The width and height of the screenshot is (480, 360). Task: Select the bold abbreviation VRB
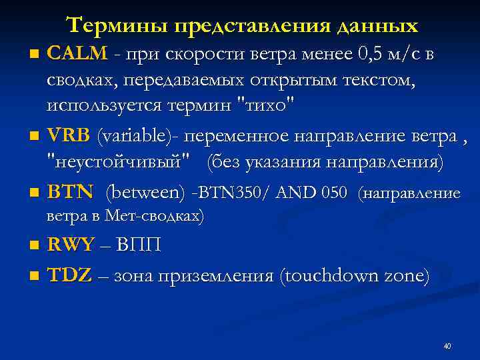pos(68,137)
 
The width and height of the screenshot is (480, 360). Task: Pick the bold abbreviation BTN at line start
pos(70,193)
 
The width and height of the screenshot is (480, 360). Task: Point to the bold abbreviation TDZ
pos(69,275)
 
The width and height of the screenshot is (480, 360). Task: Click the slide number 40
pos(447,346)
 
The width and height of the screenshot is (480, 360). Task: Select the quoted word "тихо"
pos(270,105)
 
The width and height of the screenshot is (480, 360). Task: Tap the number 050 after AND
pos(334,193)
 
